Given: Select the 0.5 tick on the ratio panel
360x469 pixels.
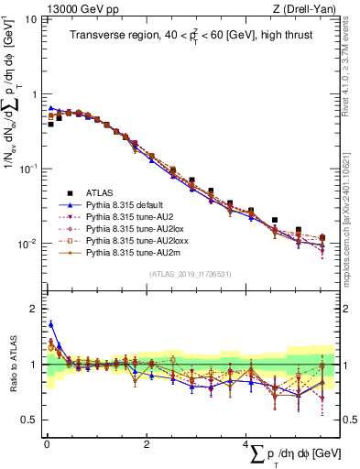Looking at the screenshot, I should pos(30,420).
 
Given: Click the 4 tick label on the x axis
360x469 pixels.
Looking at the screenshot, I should pos(247,444).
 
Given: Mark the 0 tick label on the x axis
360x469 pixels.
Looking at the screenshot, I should pos(46,444).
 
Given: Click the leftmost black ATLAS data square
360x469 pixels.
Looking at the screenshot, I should pos(50,124).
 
